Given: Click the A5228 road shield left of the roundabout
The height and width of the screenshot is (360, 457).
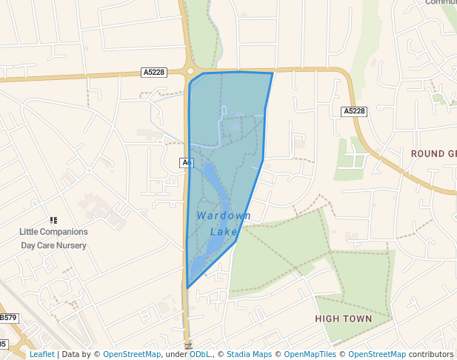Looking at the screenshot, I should click(x=154, y=72).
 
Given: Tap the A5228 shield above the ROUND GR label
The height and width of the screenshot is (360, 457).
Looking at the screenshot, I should click(x=354, y=111).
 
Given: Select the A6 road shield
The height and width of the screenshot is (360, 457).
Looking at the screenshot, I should click(x=186, y=162).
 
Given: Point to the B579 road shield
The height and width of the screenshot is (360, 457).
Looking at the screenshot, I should click(x=8, y=318).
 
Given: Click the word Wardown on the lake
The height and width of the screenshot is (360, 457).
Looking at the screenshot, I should click(x=224, y=216).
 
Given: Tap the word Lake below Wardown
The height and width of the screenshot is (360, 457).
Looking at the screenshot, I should click(x=224, y=232).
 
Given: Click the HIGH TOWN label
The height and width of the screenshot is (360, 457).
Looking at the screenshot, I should click(x=343, y=319).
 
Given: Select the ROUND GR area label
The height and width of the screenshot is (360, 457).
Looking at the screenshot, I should click(x=433, y=153).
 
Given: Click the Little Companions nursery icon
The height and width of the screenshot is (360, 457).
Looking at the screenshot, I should click(x=53, y=220).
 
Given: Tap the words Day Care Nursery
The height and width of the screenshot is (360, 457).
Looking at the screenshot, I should click(x=53, y=245).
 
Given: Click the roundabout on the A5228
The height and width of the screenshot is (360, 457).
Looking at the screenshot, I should click(x=191, y=71).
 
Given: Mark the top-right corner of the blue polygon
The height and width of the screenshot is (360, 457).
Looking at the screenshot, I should click(x=273, y=73).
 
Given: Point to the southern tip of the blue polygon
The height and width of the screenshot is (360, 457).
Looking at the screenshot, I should click(x=187, y=287).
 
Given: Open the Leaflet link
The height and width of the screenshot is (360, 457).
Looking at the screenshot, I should click(x=41, y=354).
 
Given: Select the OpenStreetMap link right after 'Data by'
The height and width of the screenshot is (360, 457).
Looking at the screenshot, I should click(x=132, y=354).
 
